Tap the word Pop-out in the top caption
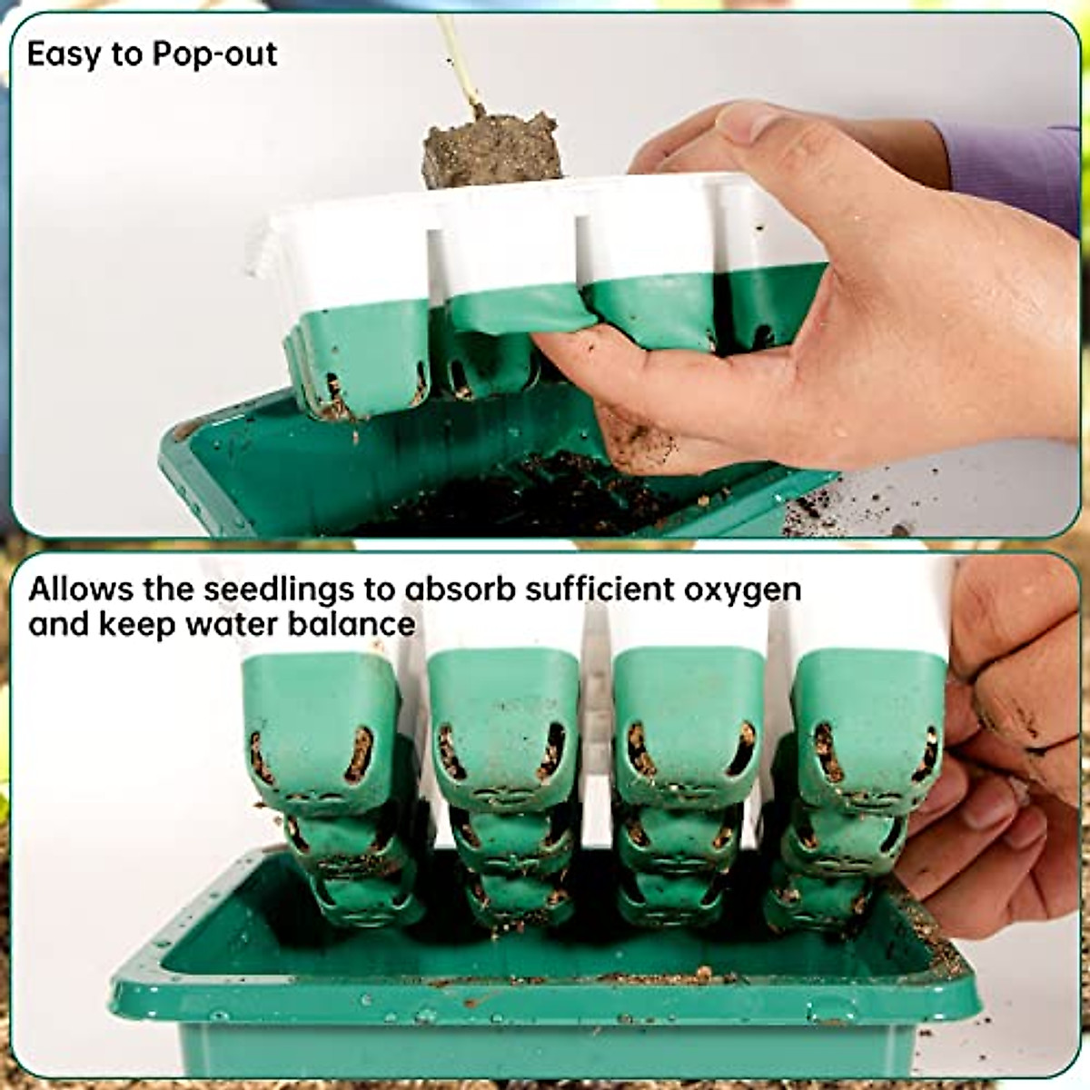pos(214,55)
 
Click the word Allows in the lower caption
pos(80,590)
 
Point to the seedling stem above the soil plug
pos(458,59)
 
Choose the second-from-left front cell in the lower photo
pos(502,727)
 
